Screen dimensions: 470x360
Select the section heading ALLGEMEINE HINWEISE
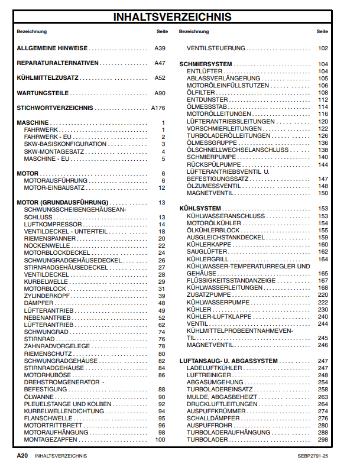click(x=52, y=48)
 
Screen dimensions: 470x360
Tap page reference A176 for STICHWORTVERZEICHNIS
click(x=158, y=108)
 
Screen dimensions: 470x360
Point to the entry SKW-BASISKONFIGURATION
click(x=65, y=144)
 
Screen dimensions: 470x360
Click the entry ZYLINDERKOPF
click(x=47, y=296)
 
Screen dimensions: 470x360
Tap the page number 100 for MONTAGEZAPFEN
click(x=160, y=440)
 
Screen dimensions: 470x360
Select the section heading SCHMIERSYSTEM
click(x=206, y=64)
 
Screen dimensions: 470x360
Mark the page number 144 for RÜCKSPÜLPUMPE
click(x=323, y=164)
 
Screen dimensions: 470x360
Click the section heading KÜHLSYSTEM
click(x=200, y=209)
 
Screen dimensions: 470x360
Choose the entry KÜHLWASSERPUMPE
click(x=218, y=302)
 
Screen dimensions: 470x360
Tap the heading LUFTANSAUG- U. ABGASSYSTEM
click(x=228, y=361)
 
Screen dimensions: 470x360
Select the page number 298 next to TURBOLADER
click(x=323, y=440)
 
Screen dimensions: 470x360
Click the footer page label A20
click(x=22, y=456)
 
